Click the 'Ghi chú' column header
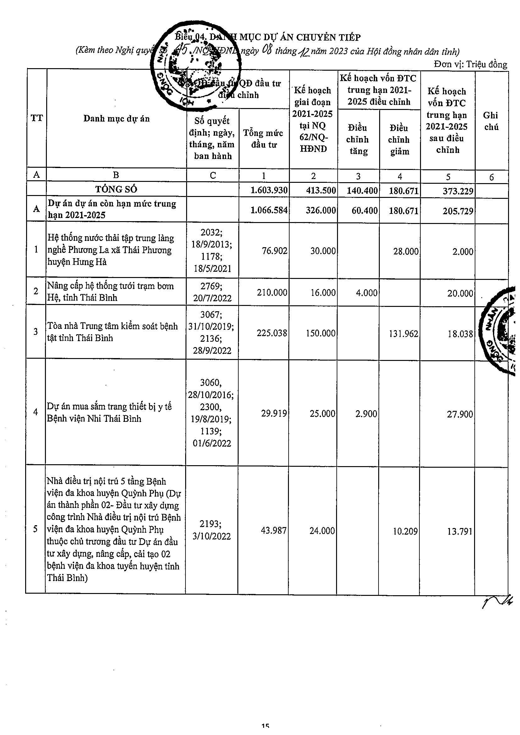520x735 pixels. coord(491,121)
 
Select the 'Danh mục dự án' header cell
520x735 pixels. coord(116,119)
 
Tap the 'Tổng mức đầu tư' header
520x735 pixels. coord(263,139)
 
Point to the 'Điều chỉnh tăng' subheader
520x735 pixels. coord(358,139)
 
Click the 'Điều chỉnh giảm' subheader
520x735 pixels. coord(399,139)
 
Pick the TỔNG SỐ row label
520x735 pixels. coord(116,189)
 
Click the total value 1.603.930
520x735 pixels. coord(269,190)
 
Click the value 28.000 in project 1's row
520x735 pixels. coord(406,251)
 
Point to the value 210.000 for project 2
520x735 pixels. coord(272,292)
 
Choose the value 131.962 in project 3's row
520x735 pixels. coord(403,334)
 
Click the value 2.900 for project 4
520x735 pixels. coord(366,414)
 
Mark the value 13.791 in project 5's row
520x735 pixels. coord(459,531)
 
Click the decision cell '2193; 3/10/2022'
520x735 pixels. coord(212,530)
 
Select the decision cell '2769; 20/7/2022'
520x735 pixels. coord(212,291)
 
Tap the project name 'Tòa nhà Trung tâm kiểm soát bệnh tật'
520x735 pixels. coord(112,332)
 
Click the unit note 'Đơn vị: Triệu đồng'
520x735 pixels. coord(470,64)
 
